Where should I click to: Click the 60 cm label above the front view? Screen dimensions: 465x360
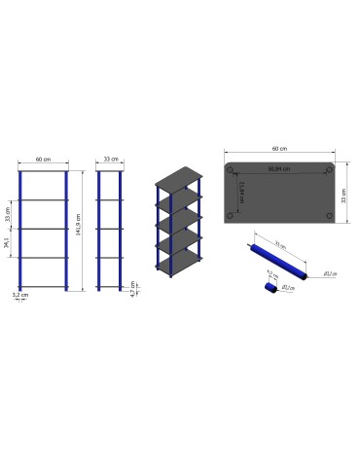coord(43,159)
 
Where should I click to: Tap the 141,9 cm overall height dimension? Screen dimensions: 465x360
coord(77,230)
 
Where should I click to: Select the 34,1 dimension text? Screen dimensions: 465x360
coord(8,243)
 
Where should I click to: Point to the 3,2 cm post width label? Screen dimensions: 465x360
coord(18,294)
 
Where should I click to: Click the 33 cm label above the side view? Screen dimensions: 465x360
coord(110,159)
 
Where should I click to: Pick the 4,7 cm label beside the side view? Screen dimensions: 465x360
coord(132,288)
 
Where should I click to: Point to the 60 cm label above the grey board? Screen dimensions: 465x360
coord(280,148)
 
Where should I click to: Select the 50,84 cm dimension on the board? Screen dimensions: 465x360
coord(280,167)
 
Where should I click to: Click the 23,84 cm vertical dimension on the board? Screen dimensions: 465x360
coord(240,191)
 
